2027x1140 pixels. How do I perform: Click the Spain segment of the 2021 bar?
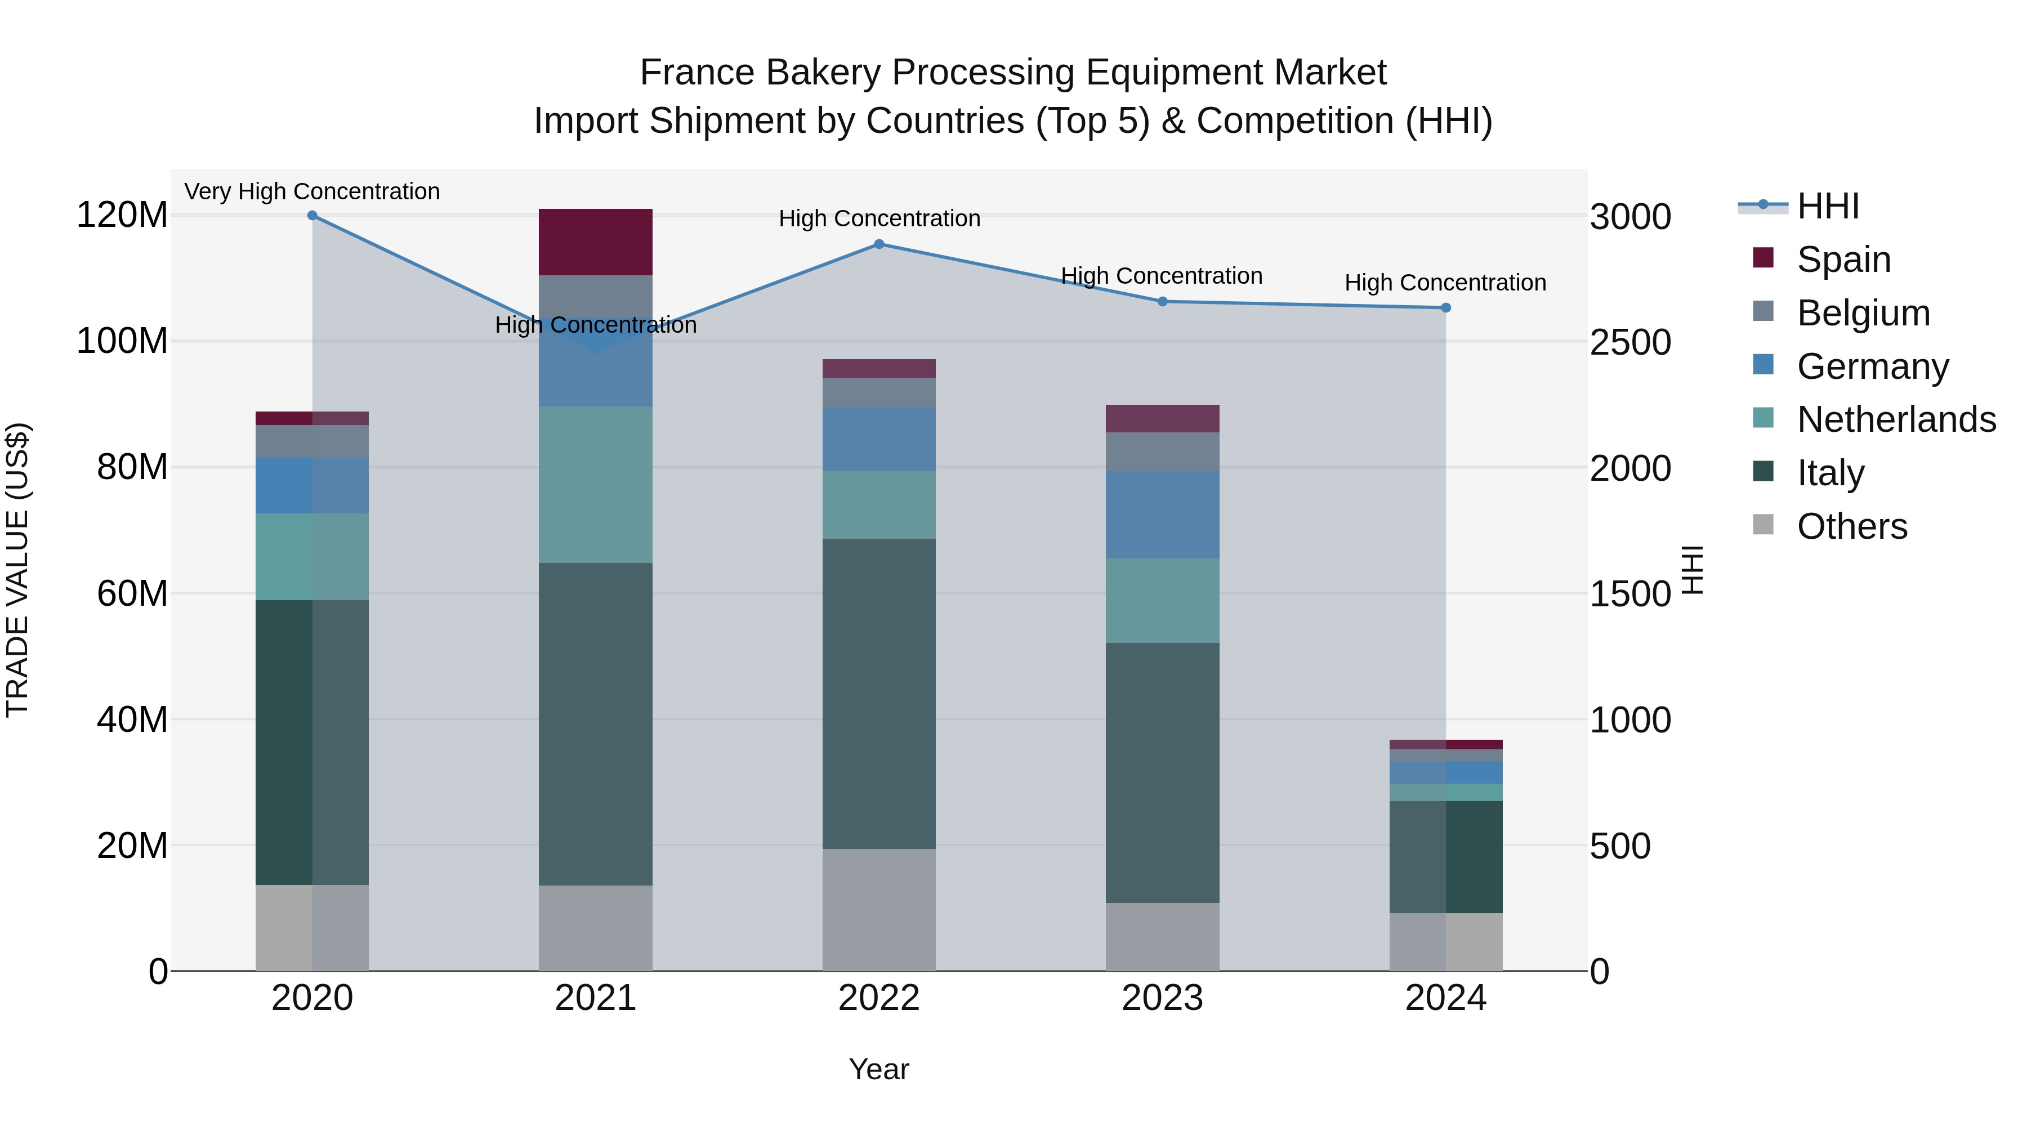coord(596,242)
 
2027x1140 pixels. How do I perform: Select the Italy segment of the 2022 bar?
coord(879,693)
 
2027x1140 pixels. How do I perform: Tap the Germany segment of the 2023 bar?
coord(1162,515)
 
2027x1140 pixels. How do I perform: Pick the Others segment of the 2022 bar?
coord(879,910)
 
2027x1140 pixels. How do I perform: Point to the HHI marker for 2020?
coord(312,216)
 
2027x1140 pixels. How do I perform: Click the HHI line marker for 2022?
coord(879,244)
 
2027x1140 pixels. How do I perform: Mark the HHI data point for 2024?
coord(1445,307)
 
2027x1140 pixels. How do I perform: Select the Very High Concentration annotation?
coord(312,191)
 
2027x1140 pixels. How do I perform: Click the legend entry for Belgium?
coord(1863,312)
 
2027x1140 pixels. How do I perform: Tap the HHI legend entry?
coord(1828,206)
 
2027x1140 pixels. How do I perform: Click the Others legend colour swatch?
coord(1763,525)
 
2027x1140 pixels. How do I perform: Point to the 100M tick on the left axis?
coord(122,342)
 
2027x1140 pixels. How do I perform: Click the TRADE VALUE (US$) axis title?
coord(17,570)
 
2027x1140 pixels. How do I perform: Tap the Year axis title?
coord(879,1069)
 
